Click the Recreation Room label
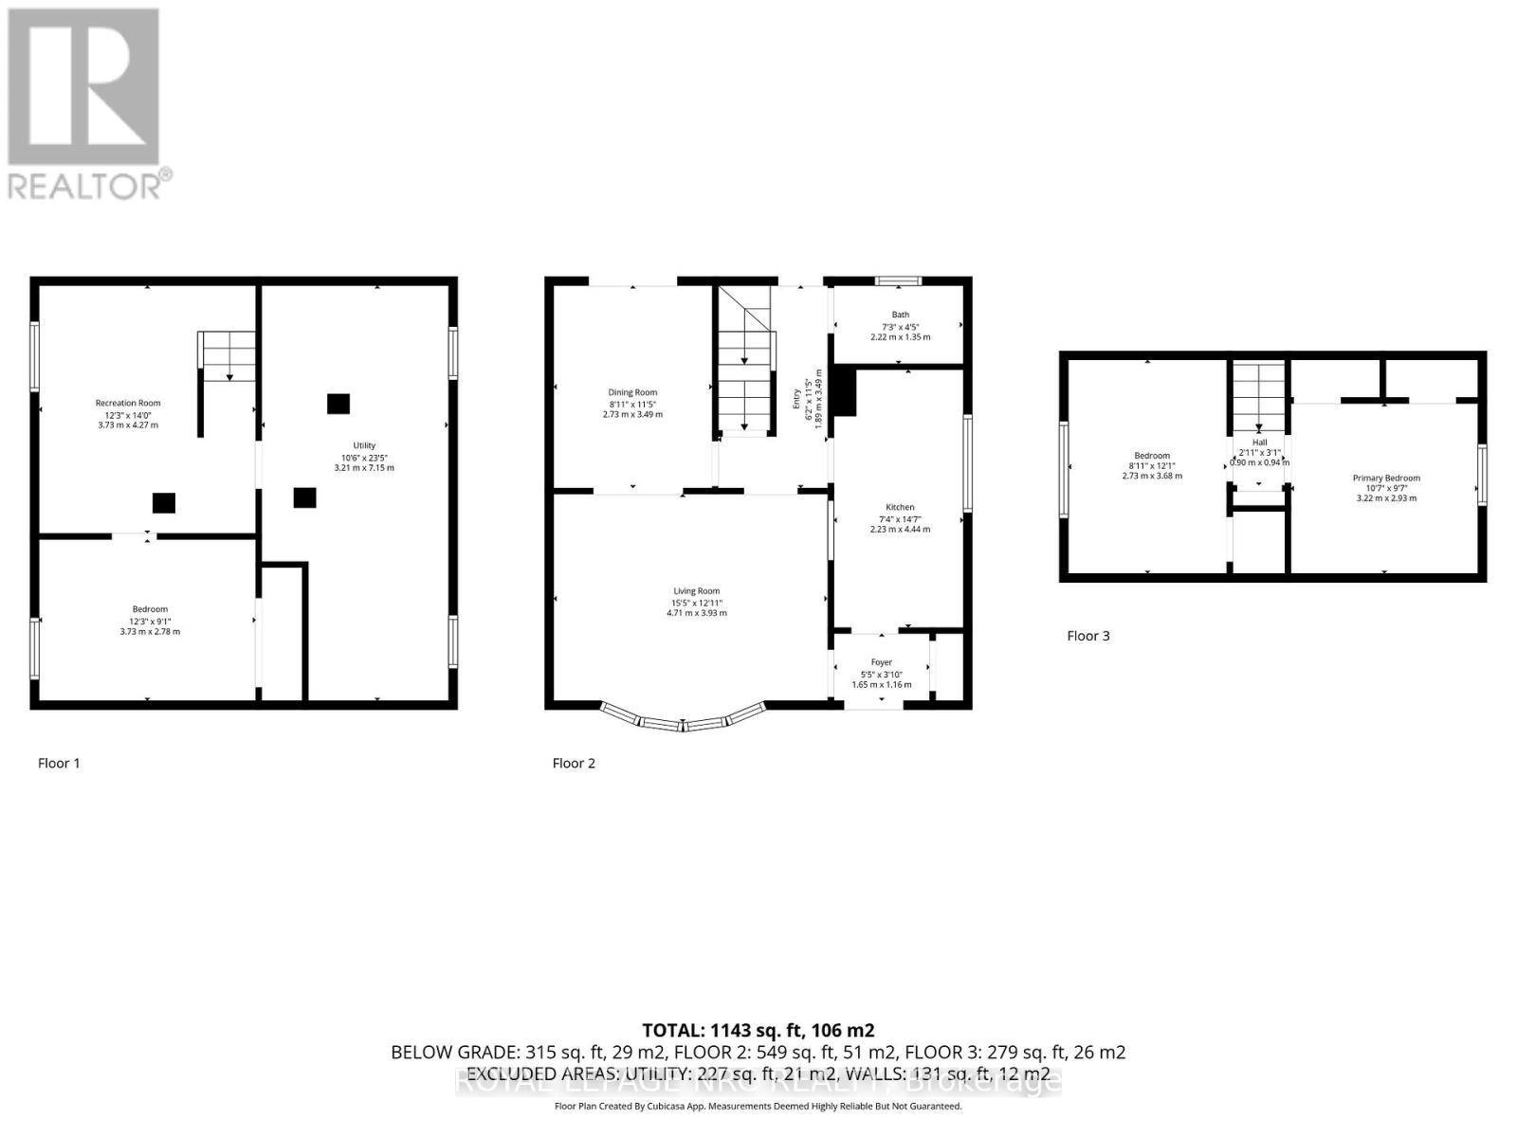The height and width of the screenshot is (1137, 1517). [x=128, y=404]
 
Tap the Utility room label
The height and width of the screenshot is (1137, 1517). [x=364, y=445]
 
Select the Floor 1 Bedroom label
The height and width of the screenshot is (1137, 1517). [x=150, y=609]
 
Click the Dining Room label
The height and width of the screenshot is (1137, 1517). [x=632, y=392]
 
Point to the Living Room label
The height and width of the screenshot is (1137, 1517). [x=696, y=591]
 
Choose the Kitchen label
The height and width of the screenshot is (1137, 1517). [x=900, y=508]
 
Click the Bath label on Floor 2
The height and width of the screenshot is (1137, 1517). [x=900, y=315]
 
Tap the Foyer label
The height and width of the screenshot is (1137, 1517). [x=881, y=662]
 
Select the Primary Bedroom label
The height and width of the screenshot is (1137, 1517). [x=1386, y=478]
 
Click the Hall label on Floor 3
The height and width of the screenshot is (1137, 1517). [x=1259, y=442]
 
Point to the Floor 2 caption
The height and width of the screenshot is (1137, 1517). [x=574, y=763]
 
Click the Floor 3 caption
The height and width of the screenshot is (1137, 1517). [x=1087, y=636]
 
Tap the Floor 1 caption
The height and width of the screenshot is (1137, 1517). [x=59, y=763]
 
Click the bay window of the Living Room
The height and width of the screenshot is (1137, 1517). [x=683, y=724]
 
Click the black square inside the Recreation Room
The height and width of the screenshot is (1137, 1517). [x=164, y=502]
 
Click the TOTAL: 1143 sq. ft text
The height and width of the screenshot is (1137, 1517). [x=758, y=1030]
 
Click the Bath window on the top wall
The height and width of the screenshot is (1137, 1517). [x=898, y=280]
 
